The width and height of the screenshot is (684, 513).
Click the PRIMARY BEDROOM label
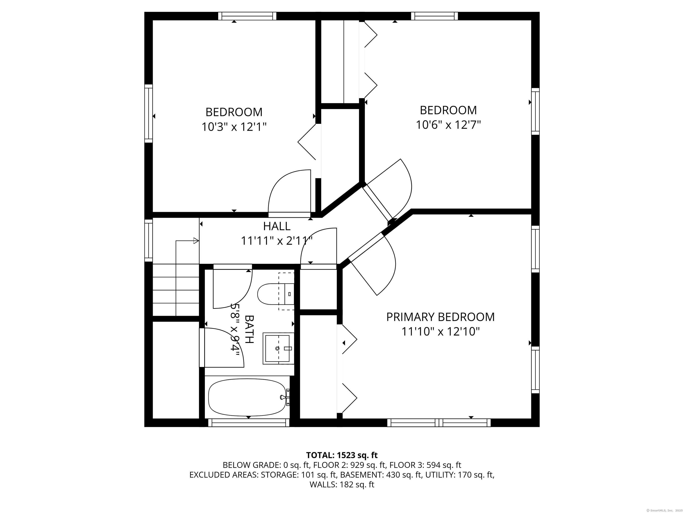[x=440, y=317]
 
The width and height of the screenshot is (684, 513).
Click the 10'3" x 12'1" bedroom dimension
[x=234, y=127]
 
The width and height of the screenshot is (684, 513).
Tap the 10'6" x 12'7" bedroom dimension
[x=448, y=125]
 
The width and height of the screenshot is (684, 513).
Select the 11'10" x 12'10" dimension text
[x=440, y=332]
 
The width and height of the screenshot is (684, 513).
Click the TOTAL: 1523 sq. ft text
[x=342, y=455]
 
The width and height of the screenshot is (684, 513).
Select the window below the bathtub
[x=249, y=423]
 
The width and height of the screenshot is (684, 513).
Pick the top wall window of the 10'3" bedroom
[x=247, y=16]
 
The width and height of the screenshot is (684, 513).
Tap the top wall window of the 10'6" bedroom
[x=434, y=16]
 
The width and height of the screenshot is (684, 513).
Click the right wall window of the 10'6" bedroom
[x=535, y=111]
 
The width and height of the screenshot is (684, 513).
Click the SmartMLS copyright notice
[x=665, y=510]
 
